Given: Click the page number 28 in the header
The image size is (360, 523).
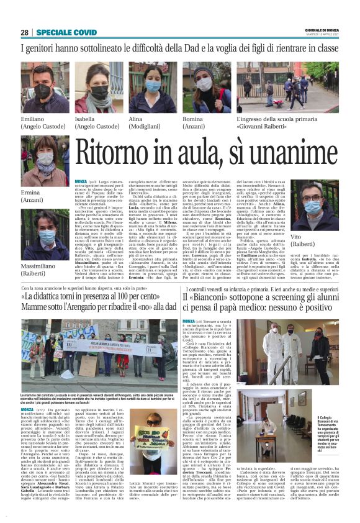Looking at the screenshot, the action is coord(24,32).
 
